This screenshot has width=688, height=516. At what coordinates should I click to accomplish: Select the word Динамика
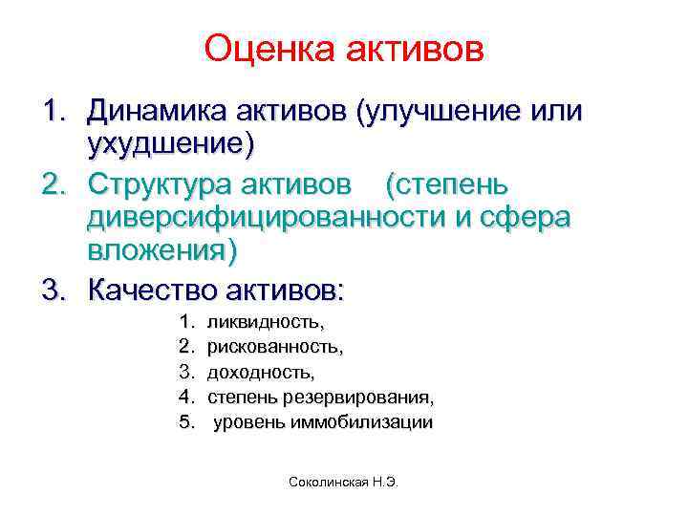[x=152, y=112]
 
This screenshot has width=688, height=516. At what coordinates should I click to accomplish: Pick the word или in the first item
[x=560, y=112]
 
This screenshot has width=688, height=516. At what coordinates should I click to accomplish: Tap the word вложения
[x=159, y=252]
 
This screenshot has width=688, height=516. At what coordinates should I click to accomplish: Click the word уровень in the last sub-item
[x=247, y=421]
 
